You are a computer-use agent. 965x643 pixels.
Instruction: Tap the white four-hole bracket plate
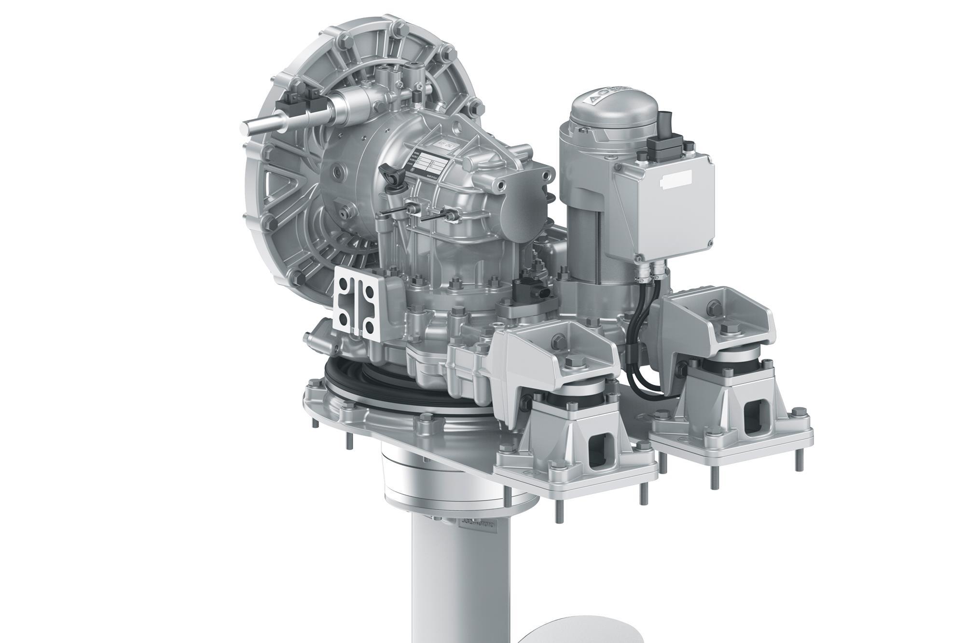[x=356, y=301]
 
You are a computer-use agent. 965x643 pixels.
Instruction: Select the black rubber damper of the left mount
[x=574, y=400]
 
